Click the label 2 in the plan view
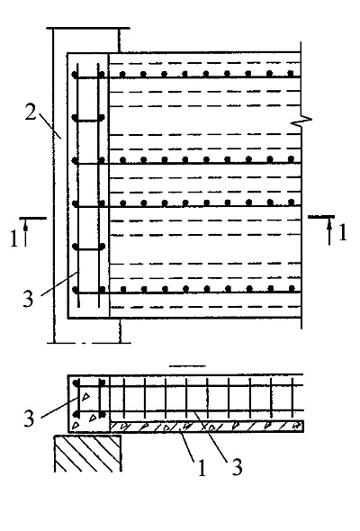[30, 112]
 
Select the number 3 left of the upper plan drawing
[29, 298]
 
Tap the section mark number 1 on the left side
[13, 238]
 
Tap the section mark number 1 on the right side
[343, 233]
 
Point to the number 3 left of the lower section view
[29, 418]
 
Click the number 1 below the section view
[202, 468]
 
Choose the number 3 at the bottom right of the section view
[237, 467]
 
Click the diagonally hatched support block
[87, 453]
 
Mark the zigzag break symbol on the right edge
[301, 119]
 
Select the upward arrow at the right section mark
[329, 231]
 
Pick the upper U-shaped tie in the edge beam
[88, 118]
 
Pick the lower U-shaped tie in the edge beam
[88, 247]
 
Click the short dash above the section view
[187, 366]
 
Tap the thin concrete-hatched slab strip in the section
[207, 427]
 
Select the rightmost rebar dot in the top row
[290, 73]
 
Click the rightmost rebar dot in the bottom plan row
[292, 289]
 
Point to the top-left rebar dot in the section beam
[76, 383]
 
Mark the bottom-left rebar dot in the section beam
[76, 414]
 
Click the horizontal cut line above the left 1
[32, 219]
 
